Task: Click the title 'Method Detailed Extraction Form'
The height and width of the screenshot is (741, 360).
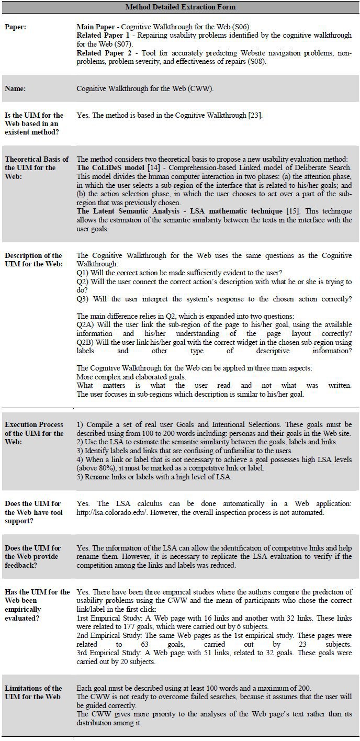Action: [180, 7]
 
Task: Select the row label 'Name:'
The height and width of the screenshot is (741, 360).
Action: [17, 88]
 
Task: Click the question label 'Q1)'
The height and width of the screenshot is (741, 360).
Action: [83, 273]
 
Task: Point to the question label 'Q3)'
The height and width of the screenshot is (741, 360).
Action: [83, 299]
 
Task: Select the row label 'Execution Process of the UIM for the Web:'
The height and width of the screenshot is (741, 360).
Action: [34, 433]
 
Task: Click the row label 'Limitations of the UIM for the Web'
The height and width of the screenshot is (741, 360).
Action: [33, 692]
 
